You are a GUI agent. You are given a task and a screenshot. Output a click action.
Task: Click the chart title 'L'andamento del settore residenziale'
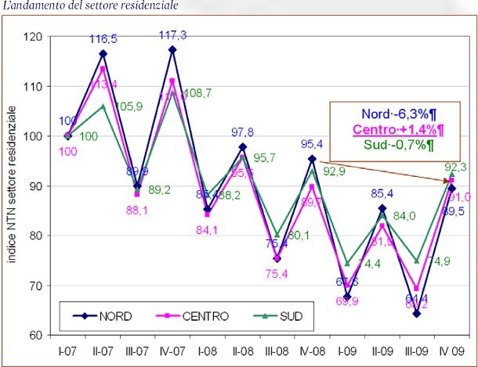click(x=89, y=6)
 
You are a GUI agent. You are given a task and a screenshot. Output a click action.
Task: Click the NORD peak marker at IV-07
click(x=172, y=50)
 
